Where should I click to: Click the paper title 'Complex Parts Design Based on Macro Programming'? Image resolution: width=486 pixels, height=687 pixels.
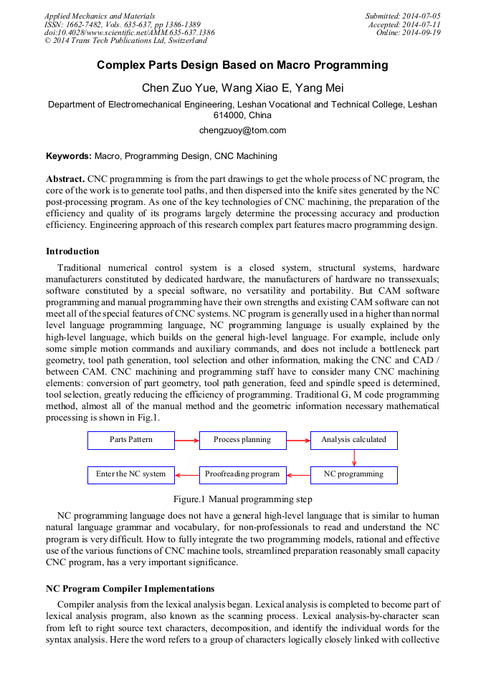(x=242, y=65)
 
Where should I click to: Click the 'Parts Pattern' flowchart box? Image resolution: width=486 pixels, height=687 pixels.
(x=131, y=440)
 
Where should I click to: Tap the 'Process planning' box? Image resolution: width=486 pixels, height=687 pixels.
(x=242, y=440)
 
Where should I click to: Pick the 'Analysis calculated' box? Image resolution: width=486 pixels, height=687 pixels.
(x=353, y=440)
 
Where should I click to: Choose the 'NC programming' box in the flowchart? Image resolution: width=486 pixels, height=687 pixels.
(x=353, y=474)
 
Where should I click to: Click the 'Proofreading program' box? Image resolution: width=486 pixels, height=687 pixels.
(x=242, y=474)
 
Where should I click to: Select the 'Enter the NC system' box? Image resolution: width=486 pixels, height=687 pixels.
(x=131, y=474)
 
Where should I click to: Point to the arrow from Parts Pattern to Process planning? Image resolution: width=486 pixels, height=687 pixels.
(x=186, y=440)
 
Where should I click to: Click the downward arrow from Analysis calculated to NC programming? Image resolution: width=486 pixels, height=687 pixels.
(x=354, y=458)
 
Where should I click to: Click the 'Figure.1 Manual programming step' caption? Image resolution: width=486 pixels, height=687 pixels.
(x=242, y=499)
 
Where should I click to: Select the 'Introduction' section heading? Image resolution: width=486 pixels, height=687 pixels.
(x=72, y=251)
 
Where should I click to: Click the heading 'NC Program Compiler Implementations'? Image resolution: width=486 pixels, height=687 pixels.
(x=130, y=589)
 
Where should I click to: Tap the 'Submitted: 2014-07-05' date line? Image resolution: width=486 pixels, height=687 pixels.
(x=403, y=16)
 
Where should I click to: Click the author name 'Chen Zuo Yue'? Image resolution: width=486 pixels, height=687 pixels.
(x=173, y=88)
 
